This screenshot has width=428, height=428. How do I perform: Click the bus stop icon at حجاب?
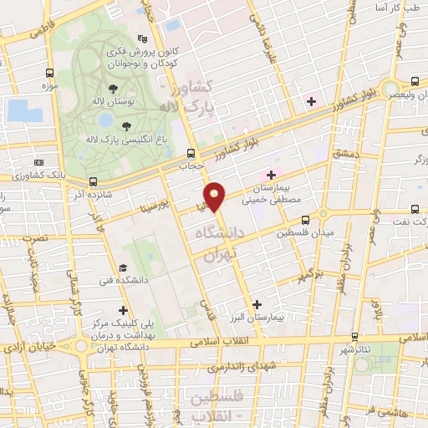(191, 153)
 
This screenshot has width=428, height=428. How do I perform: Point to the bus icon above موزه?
(49, 74)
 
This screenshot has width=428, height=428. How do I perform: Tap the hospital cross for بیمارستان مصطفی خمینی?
(271, 174)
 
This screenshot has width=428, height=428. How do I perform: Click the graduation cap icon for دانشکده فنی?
(123, 267)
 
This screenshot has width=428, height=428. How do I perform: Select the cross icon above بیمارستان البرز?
(257, 305)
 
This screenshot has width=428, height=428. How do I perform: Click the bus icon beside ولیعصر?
(415, 82)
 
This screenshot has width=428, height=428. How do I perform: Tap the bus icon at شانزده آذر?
(93, 181)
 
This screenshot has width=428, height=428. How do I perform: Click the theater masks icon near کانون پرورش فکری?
(142, 38)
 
